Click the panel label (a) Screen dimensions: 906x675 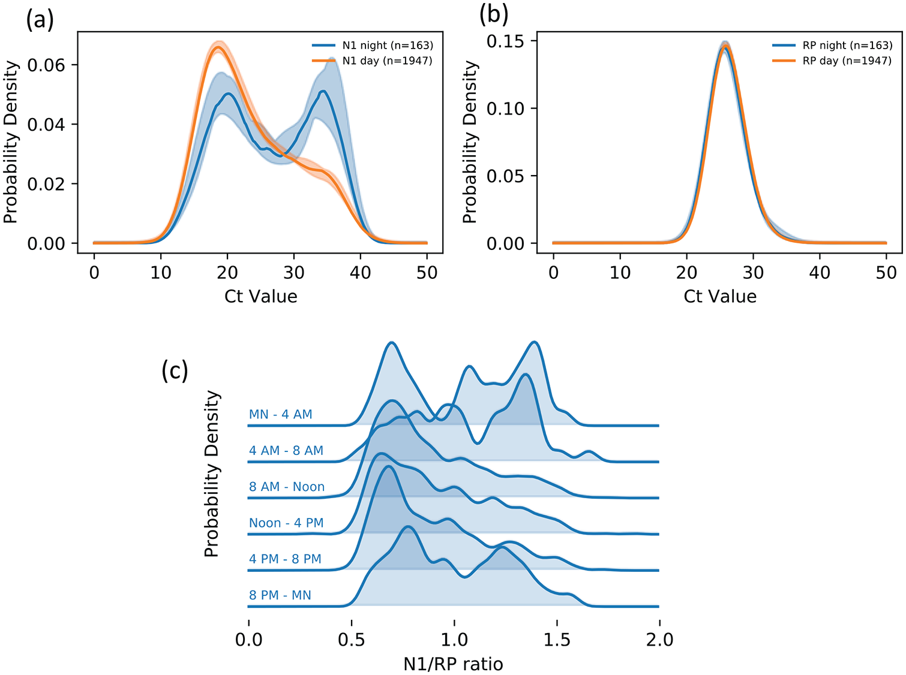(x=40, y=19)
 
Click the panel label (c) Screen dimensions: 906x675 (x=175, y=370)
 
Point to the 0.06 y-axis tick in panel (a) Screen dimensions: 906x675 (x=46, y=65)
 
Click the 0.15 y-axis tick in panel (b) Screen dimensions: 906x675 (x=506, y=41)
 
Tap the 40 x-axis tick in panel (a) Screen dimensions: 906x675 (x=361, y=273)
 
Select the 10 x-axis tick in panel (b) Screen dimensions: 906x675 (x=620, y=273)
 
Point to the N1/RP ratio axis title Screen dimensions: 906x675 (x=453, y=664)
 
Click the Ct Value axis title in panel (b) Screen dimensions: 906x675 (x=720, y=297)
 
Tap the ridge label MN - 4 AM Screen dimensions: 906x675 (x=281, y=414)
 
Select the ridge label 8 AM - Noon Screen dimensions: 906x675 (x=286, y=487)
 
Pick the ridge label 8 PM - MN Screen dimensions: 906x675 (x=280, y=595)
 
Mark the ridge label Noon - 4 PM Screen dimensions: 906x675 (x=286, y=523)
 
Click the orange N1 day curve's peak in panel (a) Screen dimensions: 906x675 (x=218, y=47)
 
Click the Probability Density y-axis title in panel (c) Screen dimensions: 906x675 (x=212, y=474)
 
